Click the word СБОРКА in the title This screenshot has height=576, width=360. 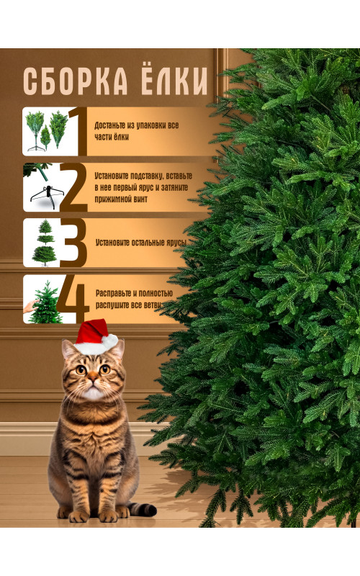pos(76,81)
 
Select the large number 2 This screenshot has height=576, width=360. pos(73,188)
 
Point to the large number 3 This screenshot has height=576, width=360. pos(73,243)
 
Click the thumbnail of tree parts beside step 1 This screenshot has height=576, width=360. pos(46,131)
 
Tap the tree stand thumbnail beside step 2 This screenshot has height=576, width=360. pos(42,188)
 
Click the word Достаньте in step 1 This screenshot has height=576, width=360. pos(110,125)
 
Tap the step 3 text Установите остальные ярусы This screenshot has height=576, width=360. pos(141,243)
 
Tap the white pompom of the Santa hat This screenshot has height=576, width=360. pos(110,341)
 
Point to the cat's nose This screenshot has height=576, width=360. pos(93,377)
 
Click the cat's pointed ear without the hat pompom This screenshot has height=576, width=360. pos(68,350)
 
